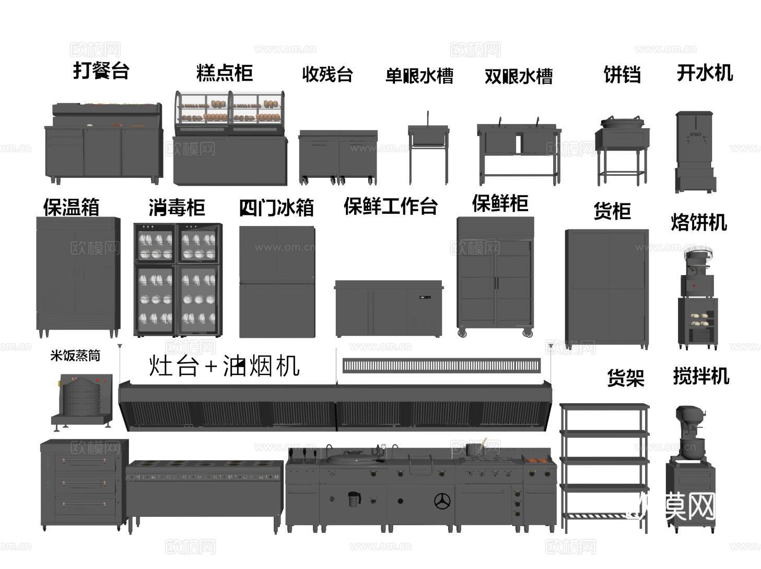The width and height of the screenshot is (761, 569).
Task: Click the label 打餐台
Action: (101, 70)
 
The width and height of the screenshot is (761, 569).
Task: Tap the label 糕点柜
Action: (225, 73)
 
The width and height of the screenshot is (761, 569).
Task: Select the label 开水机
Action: (705, 73)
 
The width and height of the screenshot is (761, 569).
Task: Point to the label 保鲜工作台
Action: (390, 206)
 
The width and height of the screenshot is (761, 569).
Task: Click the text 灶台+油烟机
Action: (225, 365)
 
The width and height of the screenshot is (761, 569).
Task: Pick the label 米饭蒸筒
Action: (75, 356)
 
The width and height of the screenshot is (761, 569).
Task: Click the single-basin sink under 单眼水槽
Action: (428, 137)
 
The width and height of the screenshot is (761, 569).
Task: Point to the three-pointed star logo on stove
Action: (442, 500)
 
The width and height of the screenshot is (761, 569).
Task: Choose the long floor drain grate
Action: (441, 366)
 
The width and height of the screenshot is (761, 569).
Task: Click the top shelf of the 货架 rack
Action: (604, 406)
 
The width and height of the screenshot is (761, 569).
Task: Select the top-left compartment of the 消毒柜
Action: (155, 244)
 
